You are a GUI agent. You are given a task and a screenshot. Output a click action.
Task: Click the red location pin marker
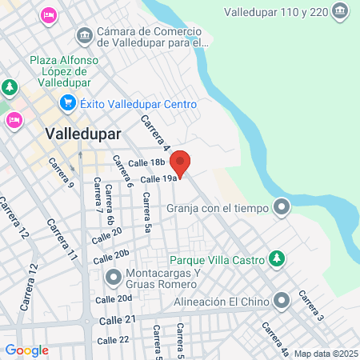[181, 162]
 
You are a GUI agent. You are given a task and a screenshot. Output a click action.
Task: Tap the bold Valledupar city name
[83, 134]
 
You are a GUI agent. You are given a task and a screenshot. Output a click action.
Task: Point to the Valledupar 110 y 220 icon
[341, 11]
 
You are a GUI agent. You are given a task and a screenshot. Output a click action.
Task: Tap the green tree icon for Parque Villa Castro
[276, 258]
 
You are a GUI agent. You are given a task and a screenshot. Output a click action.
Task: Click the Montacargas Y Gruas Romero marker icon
[113, 277]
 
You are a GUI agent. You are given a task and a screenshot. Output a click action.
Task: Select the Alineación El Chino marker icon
[281, 302]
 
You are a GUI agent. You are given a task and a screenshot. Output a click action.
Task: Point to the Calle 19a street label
[158, 178]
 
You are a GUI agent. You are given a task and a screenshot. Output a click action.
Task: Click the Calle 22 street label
[113, 340]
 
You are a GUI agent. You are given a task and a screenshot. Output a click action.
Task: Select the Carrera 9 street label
[61, 173]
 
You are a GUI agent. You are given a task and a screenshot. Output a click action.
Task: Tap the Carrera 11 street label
[62, 240]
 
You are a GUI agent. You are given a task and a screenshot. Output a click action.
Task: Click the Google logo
[26, 350]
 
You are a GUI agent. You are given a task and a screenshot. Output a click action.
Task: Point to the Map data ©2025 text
[326, 354]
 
